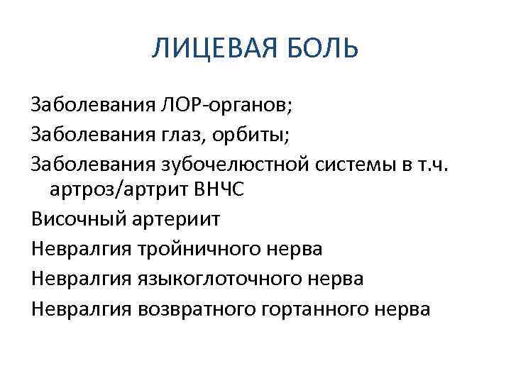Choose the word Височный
click(x=78, y=220)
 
